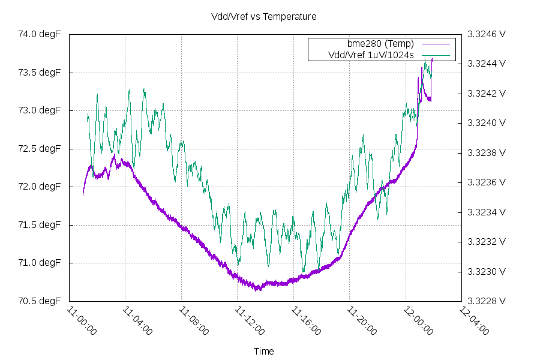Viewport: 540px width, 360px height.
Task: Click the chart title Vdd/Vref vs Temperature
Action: pos(264,17)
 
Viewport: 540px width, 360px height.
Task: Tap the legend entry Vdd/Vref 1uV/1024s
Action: pos(371,55)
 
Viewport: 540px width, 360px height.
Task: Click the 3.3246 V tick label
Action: pos(487,34)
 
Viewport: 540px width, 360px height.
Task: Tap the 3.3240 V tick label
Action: pos(487,123)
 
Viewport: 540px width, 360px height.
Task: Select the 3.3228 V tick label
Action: pos(487,301)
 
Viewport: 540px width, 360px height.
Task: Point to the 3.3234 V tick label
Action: pos(487,212)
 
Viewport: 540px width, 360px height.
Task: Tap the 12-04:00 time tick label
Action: pos(476,321)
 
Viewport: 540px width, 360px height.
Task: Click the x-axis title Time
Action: pos(264,352)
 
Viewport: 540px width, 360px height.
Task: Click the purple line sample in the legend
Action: pos(435,44)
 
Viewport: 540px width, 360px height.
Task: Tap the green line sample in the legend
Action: pos(435,55)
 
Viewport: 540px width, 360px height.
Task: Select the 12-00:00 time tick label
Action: pos(419,321)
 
